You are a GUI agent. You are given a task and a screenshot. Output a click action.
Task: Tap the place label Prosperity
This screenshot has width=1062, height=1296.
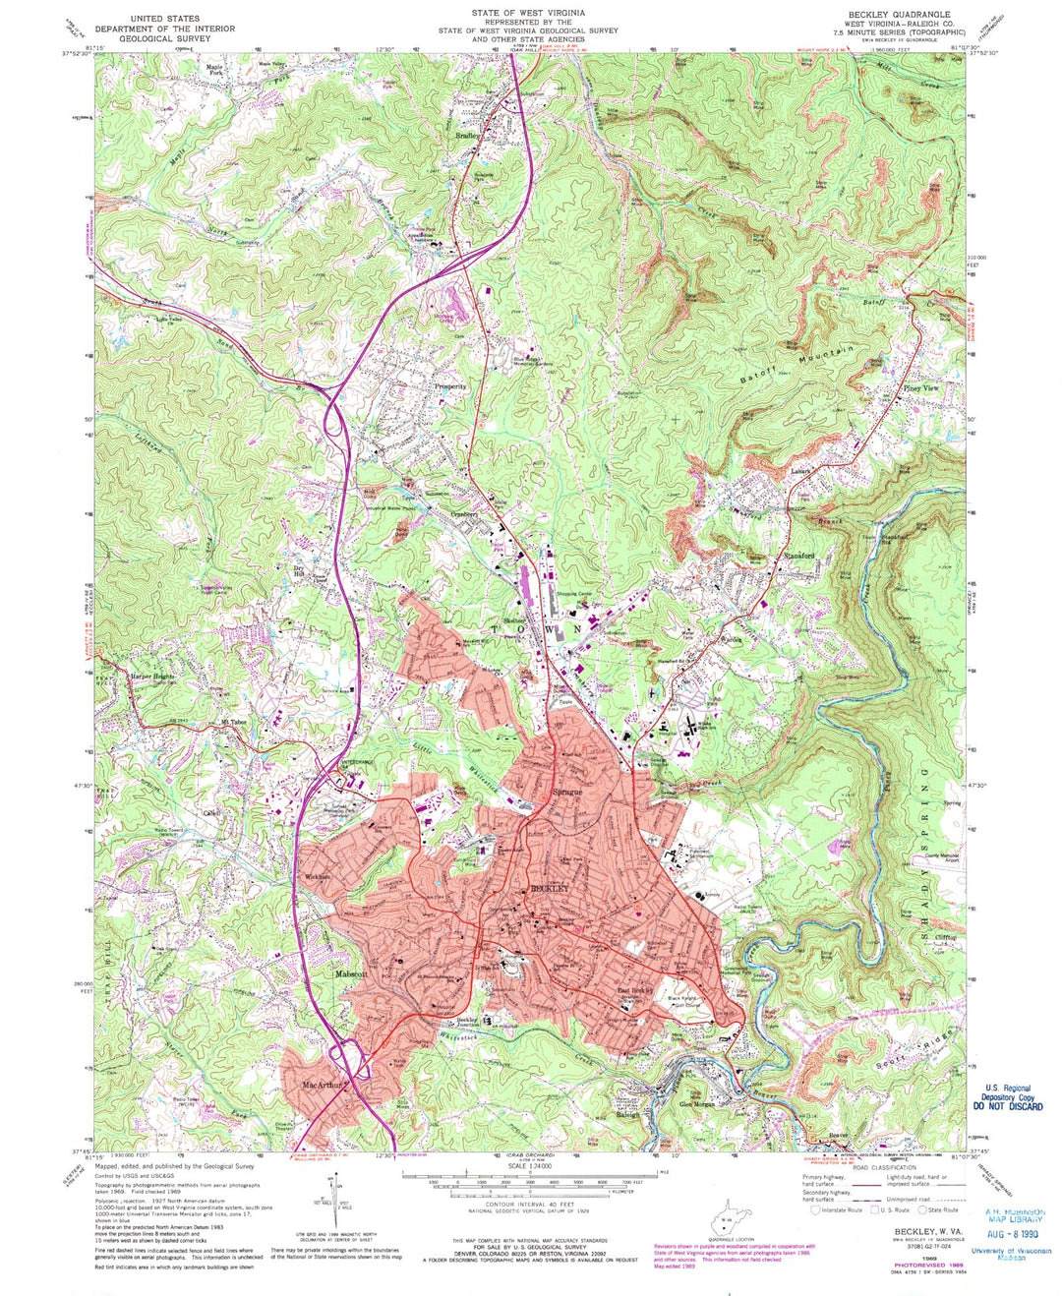coord(450,386)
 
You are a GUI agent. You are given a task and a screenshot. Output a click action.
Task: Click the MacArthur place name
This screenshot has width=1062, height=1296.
coord(317,1088)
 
